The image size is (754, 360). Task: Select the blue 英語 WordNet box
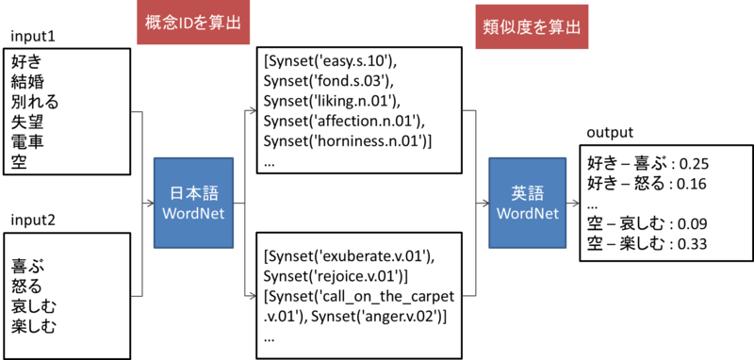tap(520, 204)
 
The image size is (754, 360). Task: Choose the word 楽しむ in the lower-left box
tap(34, 328)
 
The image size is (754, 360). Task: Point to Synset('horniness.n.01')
tap(349, 141)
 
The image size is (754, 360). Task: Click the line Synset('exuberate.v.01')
tap(350, 256)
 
